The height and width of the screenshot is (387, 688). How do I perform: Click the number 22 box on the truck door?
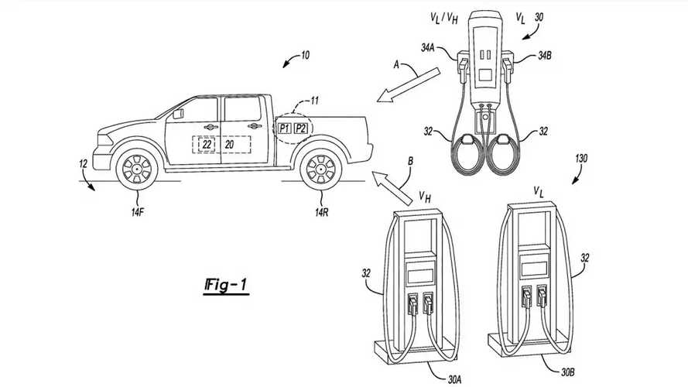point(206,145)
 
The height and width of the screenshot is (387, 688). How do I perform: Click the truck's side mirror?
point(179,113)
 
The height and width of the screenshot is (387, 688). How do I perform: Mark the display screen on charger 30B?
point(533,266)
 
